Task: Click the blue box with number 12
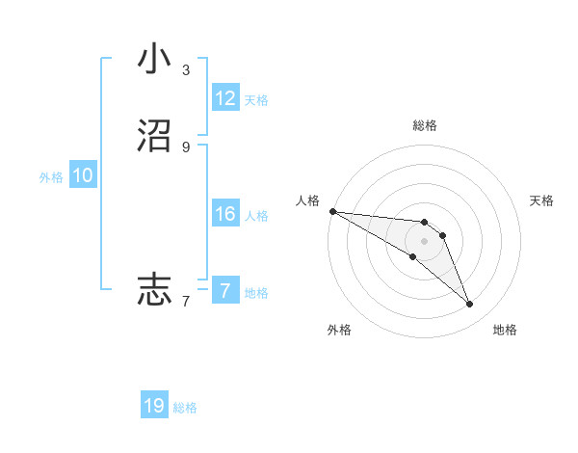pyautogui.click(x=225, y=98)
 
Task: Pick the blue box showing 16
pyautogui.click(x=225, y=214)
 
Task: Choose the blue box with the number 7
pyautogui.click(x=225, y=291)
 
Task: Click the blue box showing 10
pyautogui.click(x=83, y=175)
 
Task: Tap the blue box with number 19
pyautogui.click(x=154, y=406)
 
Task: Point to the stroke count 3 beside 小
pyautogui.click(x=185, y=70)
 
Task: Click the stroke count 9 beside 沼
pyautogui.click(x=185, y=147)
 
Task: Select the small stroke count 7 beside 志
pyautogui.click(x=185, y=302)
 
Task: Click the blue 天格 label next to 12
pyautogui.click(x=256, y=100)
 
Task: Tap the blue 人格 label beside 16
pyautogui.click(x=256, y=216)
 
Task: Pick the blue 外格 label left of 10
pyautogui.click(x=51, y=177)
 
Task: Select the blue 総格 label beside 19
pyautogui.click(x=185, y=408)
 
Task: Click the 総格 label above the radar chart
pyautogui.click(x=425, y=125)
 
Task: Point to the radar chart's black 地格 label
pyautogui.click(x=505, y=330)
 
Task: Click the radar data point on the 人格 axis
pyautogui.click(x=332, y=210)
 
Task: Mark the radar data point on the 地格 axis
pyautogui.click(x=469, y=305)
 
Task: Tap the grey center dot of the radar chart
pyautogui.click(x=425, y=241)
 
